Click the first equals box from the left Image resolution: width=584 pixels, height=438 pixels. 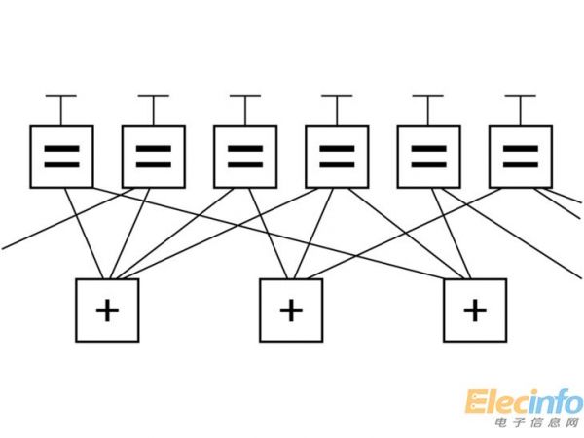pyautogui.click(x=61, y=156)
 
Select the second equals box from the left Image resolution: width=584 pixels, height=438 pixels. pyautogui.click(x=153, y=156)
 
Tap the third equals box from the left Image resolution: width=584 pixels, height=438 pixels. pyautogui.click(x=244, y=156)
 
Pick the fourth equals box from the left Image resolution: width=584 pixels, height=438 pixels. pyautogui.click(x=336, y=156)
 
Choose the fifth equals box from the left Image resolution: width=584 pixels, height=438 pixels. pyautogui.click(x=428, y=156)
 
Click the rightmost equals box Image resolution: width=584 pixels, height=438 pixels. pyautogui.click(x=520, y=156)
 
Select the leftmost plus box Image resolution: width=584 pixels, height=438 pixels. pyautogui.click(x=107, y=310)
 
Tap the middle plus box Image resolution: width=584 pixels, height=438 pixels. pyautogui.click(x=291, y=310)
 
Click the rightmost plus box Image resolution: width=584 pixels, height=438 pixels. pyautogui.click(x=474, y=310)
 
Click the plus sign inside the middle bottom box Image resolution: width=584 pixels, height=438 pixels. pyautogui.click(x=291, y=310)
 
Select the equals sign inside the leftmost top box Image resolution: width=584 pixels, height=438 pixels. pyautogui.click(x=61, y=156)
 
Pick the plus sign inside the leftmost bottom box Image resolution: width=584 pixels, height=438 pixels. pyautogui.click(x=107, y=310)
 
